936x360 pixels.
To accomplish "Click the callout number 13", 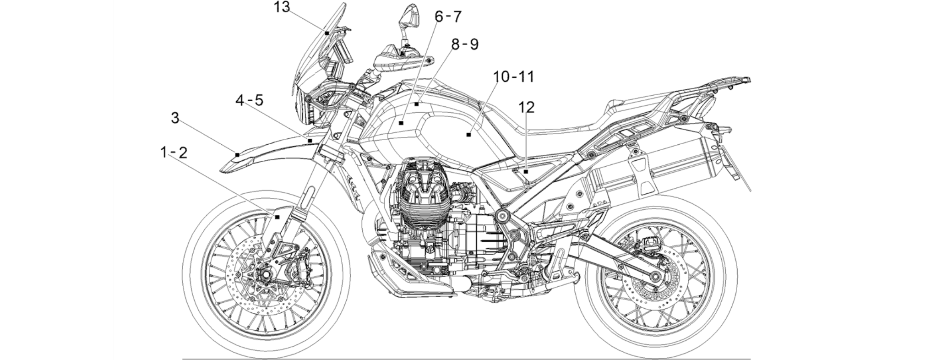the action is coord(282,7).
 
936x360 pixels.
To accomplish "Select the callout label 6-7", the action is coord(448,17).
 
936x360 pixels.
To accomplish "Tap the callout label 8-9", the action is coord(465,44).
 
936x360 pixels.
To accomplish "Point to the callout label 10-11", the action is coord(514,76).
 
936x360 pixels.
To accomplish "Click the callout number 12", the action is coord(527,107).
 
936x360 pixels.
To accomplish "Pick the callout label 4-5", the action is coord(250,100).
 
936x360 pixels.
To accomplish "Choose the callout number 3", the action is coord(175,118).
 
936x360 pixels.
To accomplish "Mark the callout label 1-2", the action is coord(174,153).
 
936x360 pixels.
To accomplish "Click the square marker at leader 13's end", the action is coord(327,33).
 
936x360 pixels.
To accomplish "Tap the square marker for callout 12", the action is coord(526,172).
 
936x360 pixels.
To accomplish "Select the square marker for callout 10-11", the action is coord(468,135).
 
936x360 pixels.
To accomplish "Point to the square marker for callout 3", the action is coord(237,155).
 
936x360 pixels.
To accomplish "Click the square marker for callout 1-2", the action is coord(277,217).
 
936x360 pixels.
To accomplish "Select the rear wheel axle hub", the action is coord(656,277).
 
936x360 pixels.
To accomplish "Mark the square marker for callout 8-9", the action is coord(417,104).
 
